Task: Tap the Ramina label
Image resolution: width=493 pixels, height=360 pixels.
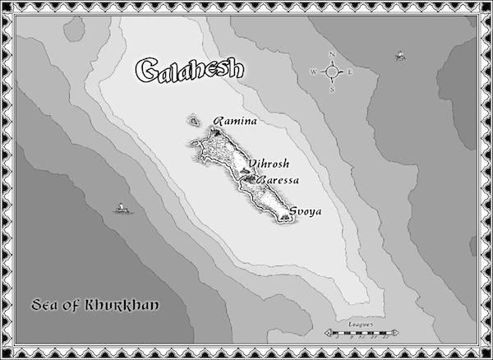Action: [x=235, y=122]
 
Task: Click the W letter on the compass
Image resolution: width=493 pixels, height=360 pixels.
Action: [x=314, y=72]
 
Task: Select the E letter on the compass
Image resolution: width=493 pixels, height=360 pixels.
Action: [x=351, y=72]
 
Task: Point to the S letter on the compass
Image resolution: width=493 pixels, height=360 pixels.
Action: [x=332, y=90]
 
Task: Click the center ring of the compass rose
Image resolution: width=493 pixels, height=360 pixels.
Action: [x=333, y=72]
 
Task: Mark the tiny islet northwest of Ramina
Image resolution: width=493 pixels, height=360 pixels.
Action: [x=194, y=123]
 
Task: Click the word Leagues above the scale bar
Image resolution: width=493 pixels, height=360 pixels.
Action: [x=361, y=325]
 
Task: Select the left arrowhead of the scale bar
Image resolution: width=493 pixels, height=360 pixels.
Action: [x=328, y=333]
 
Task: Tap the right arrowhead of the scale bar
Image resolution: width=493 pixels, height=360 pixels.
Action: [x=397, y=333]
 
